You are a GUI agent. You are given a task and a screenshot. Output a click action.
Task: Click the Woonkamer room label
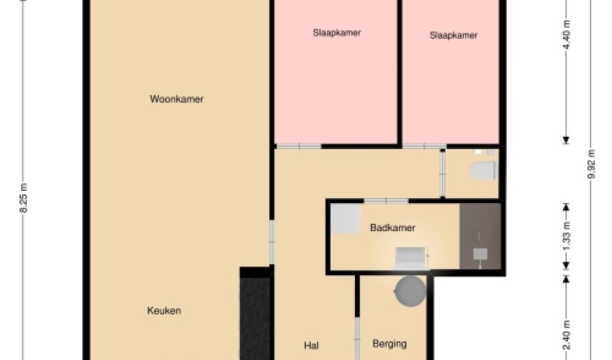(x=176, y=99)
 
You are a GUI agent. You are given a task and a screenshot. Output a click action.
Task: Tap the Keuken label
(x=164, y=311)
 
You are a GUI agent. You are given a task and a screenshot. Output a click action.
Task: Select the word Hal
(x=312, y=346)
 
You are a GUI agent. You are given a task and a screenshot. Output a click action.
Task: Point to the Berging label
(x=390, y=344)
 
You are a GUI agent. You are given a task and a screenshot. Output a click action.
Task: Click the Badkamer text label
(x=392, y=228)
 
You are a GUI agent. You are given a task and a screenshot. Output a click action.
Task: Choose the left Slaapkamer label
(x=336, y=33)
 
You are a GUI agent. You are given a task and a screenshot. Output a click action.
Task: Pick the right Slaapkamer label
(x=454, y=35)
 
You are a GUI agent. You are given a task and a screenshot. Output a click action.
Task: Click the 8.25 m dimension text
(x=24, y=198)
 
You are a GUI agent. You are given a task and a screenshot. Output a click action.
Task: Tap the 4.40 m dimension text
(x=567, y=35)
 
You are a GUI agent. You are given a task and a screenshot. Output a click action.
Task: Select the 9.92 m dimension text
(x=592, y=164)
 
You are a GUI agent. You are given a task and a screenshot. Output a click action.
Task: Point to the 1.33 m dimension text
(x=567, y=237)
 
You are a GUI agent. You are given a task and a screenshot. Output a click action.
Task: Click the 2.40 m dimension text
(x=567, y=335)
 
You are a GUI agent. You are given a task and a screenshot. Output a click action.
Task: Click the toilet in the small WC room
(x=483, y=171)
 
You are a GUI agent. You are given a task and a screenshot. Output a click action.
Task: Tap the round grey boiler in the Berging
(x=410, y=291)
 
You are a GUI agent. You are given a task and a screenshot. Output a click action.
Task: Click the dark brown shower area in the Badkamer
(x=480, y=236)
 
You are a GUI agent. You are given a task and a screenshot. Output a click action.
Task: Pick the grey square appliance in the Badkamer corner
(x=346, y=219)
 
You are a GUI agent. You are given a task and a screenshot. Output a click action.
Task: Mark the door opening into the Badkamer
(x=386, y=201)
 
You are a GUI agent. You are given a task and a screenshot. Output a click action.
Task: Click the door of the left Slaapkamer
(x=299, y=146)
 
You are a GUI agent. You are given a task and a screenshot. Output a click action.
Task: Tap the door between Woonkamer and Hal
(x=272, y=242)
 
